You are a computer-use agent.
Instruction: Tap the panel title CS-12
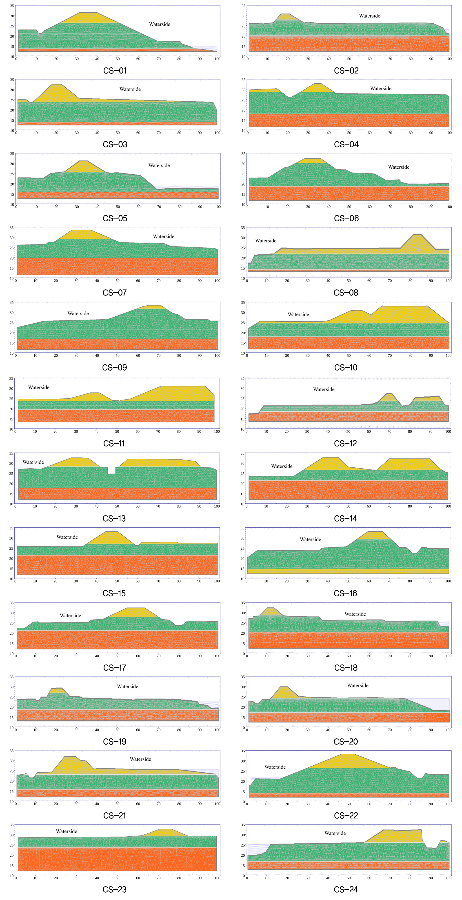(345, 443)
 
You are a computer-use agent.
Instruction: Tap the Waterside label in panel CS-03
(130, 89)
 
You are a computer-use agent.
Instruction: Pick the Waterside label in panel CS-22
(275, 767)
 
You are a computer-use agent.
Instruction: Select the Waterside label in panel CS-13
(33, 462)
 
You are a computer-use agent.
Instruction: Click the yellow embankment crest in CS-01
(89, 18)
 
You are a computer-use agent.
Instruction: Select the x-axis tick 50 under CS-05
(118, 207)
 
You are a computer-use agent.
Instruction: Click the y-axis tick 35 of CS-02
(244, 6)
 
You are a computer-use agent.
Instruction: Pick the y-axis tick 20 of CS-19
(12, 707)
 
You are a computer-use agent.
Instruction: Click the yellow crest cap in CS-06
(311, 161)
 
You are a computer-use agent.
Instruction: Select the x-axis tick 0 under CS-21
(16, 804)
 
